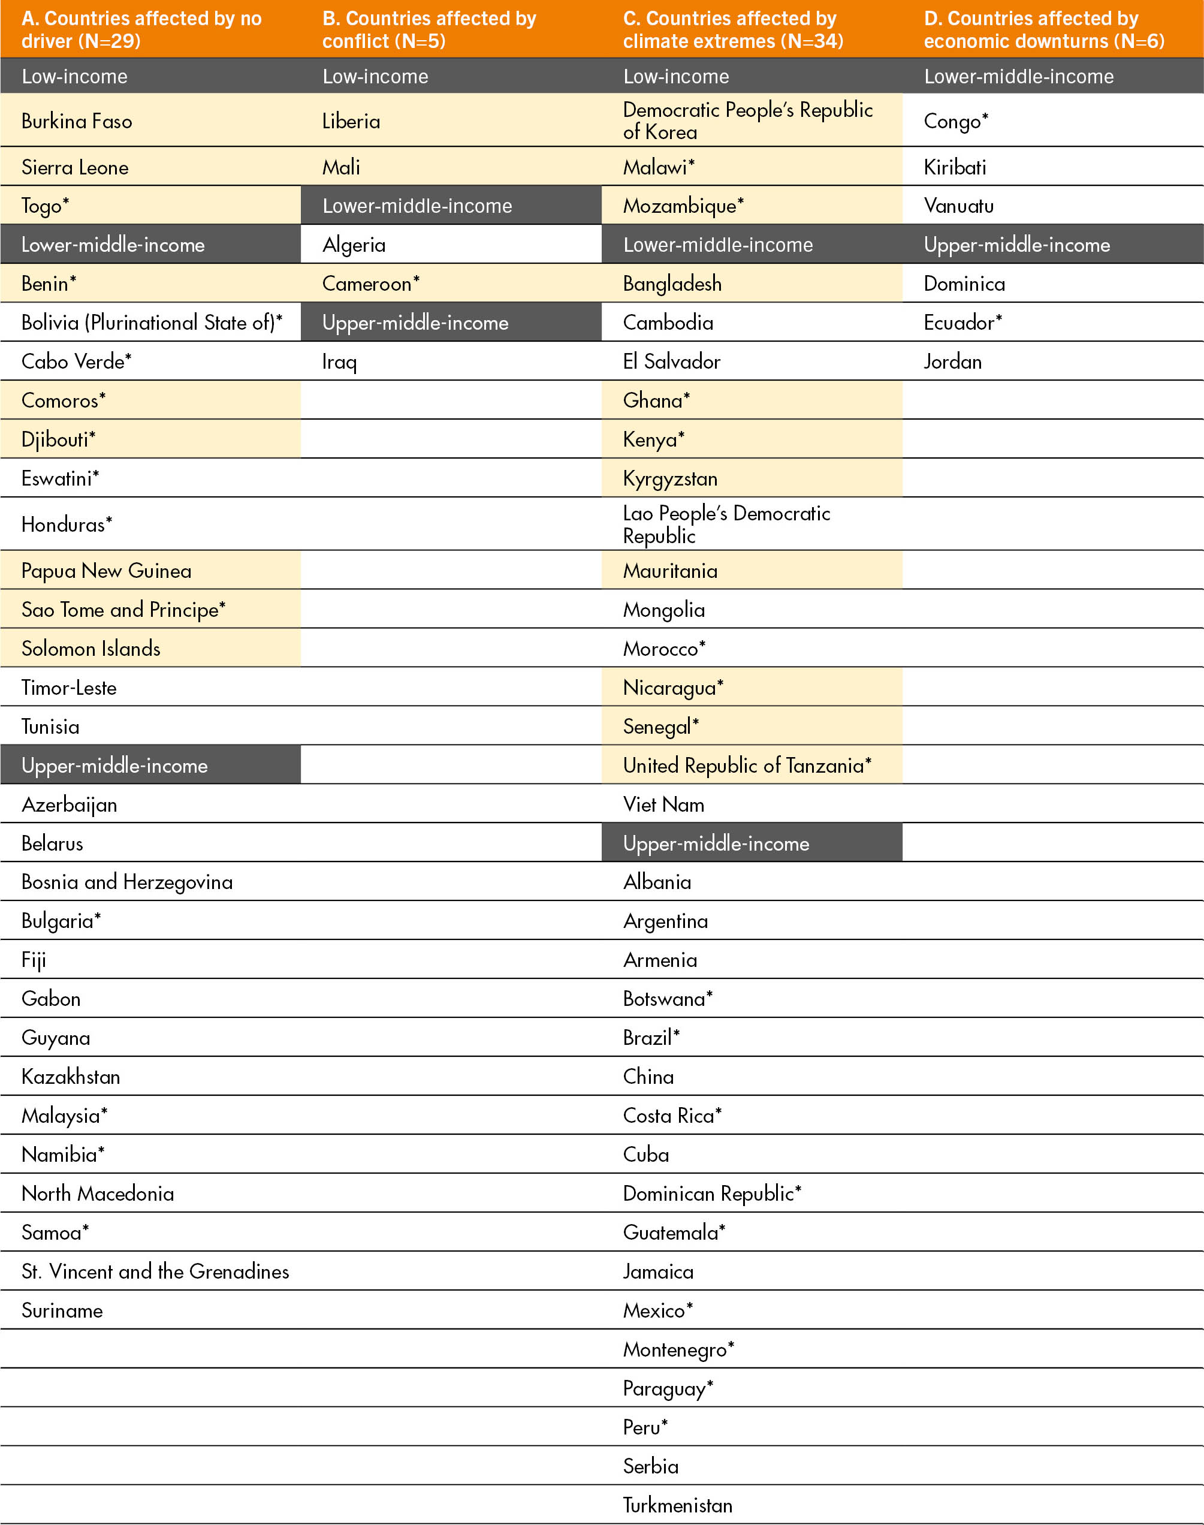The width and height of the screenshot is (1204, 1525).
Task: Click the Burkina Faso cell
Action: (x=77, y=121)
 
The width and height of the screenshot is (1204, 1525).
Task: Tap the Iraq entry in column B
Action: (x=340, y=361)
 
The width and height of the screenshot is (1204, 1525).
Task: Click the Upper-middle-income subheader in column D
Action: (x=1016, y=245)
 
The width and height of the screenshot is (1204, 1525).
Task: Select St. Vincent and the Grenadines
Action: (x=155, y=1271)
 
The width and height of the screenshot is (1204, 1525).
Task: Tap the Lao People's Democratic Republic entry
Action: (x=726, y=524)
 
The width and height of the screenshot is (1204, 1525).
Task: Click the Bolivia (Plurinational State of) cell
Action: (x=152, y=322)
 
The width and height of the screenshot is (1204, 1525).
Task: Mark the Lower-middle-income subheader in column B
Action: (x=417, y=206)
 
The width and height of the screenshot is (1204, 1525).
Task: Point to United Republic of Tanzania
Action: (x=747, y=765)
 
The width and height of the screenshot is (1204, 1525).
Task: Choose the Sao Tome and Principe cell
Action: (x=123, y=609)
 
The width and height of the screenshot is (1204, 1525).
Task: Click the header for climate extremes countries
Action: (x=732, y=29)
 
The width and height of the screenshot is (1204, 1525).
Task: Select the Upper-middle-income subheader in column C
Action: (x=716, y=843)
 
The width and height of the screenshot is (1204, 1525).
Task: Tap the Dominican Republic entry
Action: (x=712, y=1193)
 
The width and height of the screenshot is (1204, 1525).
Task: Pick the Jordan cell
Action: (x=952, y=361)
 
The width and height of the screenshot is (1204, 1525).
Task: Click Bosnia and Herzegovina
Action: (x=127, y=882)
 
